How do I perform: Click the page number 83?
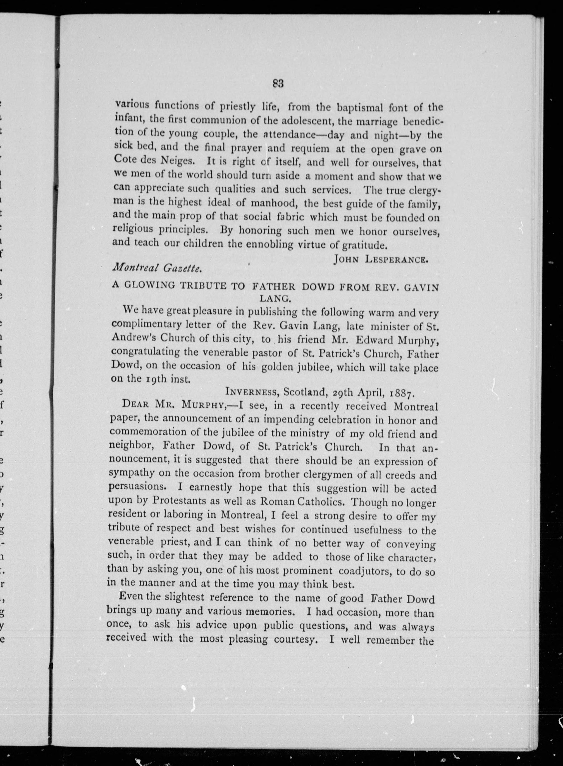[x=278, y=84]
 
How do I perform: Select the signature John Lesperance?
[x=380, y=260]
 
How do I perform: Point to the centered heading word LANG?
[x=275, y=299]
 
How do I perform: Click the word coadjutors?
[x=364, y=571]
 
